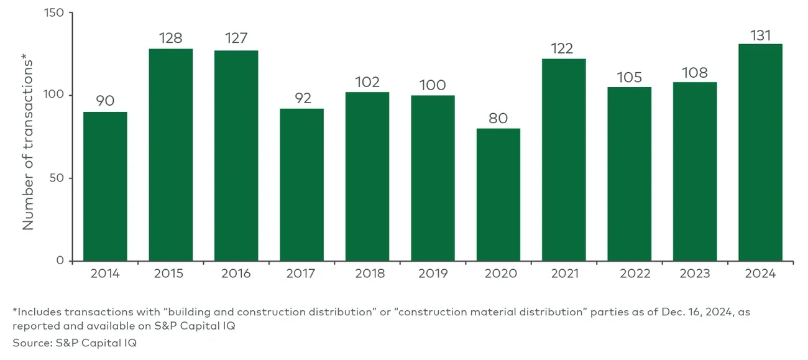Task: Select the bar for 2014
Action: click(105, 187)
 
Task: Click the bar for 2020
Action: click(498, 195)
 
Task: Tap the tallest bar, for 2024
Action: click(760, 152)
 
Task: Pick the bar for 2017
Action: click(301, 185)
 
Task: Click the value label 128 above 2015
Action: click(170, 38)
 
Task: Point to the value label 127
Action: click(236, 39)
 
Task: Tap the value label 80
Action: click(498, 118)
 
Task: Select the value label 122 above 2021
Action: click(563, 48)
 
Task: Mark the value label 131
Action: click(760, 35)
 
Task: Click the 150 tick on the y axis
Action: click(55, 12)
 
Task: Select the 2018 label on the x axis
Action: click(367, 274)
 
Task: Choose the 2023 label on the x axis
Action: click(694, 274)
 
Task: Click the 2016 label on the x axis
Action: click(236, 274)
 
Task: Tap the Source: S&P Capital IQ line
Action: click(74, 342)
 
